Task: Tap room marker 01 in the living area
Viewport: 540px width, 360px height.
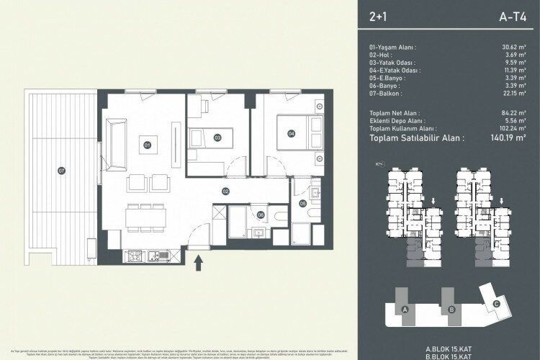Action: (147, 145)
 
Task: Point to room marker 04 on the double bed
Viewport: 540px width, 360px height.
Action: (291, 133)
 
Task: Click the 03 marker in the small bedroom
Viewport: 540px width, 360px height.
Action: (217, 137)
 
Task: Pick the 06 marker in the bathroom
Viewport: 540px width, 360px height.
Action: (261, 214)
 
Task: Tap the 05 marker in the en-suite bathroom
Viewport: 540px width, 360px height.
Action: (302, 204)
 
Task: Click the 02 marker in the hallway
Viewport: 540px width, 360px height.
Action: (225, 191)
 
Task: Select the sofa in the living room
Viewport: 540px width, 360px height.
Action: (116, 135)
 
